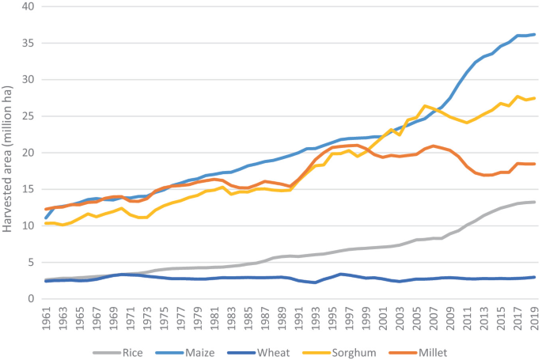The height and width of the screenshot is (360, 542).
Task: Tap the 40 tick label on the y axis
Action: [x=28, y=6]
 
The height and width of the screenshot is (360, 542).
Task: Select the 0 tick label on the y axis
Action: [x=32, y=298]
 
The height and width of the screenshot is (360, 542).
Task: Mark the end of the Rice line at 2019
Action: [x=534, y=202]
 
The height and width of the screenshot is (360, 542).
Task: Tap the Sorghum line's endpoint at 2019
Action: [x=534, y=98]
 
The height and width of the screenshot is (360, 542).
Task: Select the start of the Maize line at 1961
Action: [x=45, y=218]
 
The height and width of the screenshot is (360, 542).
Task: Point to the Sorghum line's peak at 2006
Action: [x=425, y=106]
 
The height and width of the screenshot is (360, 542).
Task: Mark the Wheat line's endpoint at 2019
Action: [x=534, y=277]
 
